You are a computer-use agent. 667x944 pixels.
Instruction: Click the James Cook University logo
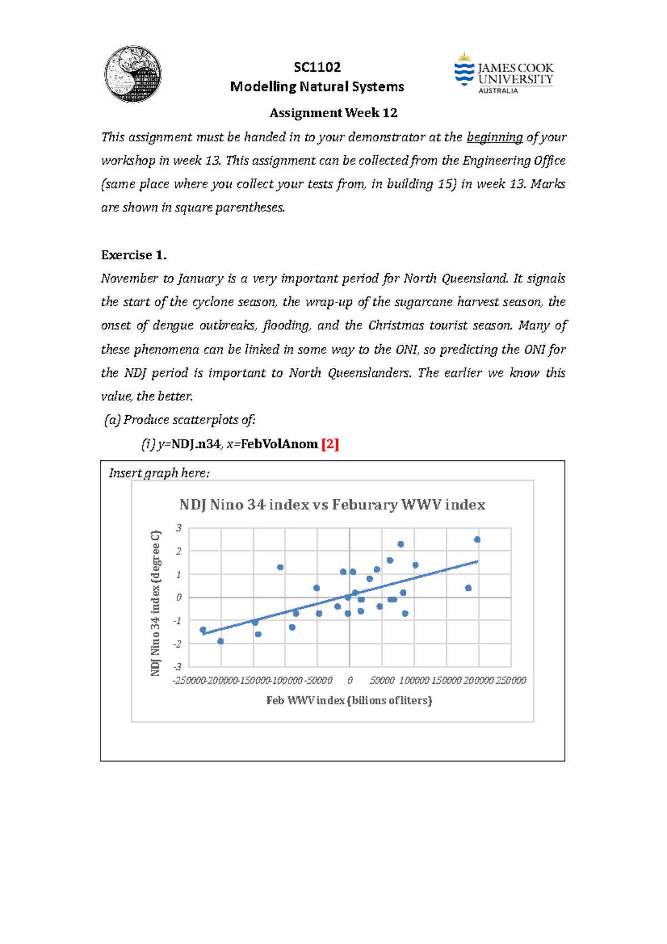(x=504, y=74)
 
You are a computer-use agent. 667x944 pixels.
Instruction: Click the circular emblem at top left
(x=133, y=74)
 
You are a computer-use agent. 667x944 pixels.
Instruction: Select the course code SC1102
(x=317, y=67)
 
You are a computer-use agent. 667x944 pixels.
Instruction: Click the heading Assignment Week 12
(x=333, y=113)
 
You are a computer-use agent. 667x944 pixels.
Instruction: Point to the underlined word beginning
(x=495, y=137)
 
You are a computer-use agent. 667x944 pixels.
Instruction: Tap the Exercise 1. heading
(x=134, y=255)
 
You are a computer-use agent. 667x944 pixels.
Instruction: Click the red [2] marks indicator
(x=330, y=444)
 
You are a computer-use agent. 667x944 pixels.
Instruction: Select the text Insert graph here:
(x=159, y=473)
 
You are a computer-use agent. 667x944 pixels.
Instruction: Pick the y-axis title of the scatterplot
(x=156, y=603)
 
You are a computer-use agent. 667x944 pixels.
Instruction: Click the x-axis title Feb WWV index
(x=349, y=700)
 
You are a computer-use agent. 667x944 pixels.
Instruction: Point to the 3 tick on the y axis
(x=178, y=528)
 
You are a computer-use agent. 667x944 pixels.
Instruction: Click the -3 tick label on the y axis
(x=177, y=667)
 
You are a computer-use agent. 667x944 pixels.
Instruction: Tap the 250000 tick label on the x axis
(x=511, y=680)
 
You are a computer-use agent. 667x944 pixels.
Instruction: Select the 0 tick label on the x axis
(x=350, y=680)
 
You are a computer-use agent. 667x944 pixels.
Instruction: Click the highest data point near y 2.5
(x=477, y=540)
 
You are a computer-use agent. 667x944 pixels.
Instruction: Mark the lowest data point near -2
(x=221, y=642)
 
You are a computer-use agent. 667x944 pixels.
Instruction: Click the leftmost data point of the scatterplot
(x=203, y=630)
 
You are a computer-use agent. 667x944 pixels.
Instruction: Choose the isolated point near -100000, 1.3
(x=280, y=568)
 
